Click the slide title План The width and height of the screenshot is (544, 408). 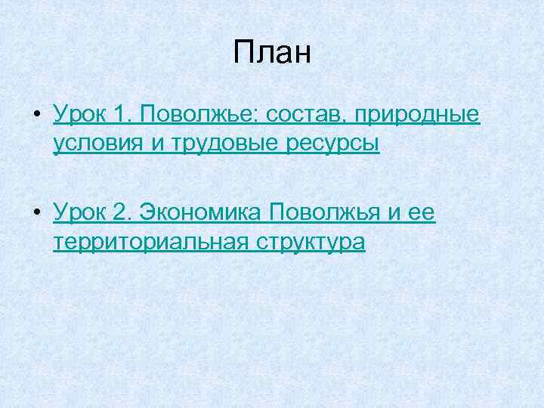pos(272,54)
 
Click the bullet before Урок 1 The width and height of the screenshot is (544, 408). pos(37,116)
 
